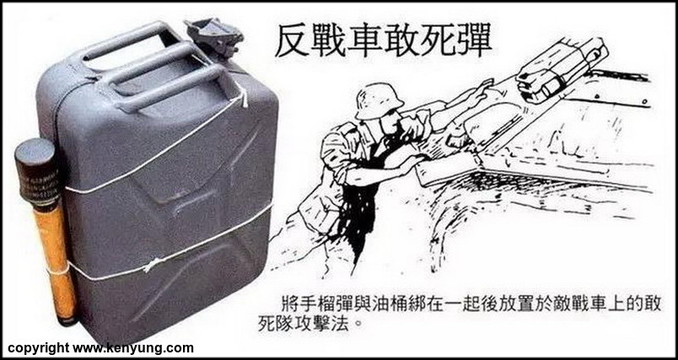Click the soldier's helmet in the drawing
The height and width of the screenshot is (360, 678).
379,100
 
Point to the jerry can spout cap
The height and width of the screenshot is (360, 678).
214,35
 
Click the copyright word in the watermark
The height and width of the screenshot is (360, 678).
38,348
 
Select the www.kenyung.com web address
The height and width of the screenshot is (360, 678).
132,348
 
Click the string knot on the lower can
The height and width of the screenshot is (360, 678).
151,264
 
